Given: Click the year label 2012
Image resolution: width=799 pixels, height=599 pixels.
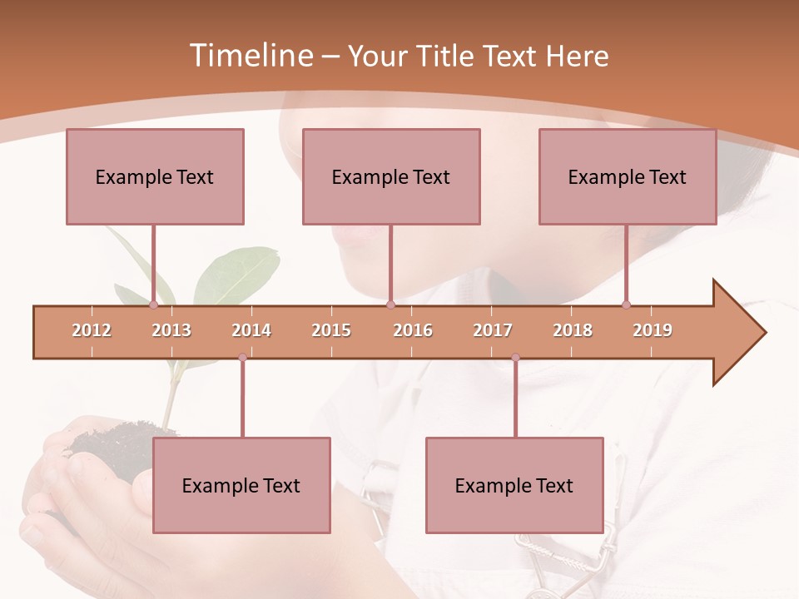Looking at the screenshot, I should pyautogui.click(x=92, y=330).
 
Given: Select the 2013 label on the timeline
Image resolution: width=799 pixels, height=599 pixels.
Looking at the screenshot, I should pyautogui.click(x=171, y=330).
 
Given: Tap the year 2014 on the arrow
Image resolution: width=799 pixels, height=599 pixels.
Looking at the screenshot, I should pyautogui.click(x=251, y=330).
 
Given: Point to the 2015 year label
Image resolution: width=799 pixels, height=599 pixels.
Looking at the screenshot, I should pyautogui.click(x=331, y=330).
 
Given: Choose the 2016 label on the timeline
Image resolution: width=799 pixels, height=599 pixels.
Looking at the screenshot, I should pyautogui.click(x=413, y=330).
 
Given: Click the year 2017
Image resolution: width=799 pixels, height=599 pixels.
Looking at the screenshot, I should pyautogui.click(x=493, y=330).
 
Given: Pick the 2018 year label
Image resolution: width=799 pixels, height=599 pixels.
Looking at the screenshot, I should pyautogui.click(x=573, y=330).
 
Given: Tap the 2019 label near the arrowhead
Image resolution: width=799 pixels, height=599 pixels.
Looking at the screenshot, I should pyautogui.click(x=653, y=330).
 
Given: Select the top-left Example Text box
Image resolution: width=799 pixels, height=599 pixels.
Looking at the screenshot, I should pyautogui.click(x=155, y=176).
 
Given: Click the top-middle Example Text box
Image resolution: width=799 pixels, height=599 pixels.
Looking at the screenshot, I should pyautogui.click(x=391, y=176).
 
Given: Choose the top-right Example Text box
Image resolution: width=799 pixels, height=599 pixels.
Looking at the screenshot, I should pyautogui.click(x=628, y=176).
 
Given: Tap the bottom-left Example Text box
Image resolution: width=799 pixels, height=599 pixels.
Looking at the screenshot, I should pyautogui.click(x=241, y=485).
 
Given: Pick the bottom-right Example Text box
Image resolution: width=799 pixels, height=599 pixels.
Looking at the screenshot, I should pyautogui.click(x=514, y=485).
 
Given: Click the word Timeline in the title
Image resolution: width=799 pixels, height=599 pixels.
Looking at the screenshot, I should pyautogui.click(x=250, y=56).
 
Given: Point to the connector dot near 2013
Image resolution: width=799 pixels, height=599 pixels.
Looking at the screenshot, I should pyautogui.click(x=153, y=305).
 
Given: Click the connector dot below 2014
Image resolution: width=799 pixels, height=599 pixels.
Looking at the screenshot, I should pyautogui.click(x=242, y=358).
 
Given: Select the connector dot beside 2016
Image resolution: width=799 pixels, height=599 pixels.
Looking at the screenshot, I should pyautogui.click(x=390, y=305).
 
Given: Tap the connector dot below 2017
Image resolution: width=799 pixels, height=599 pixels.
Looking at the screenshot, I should pyautogui.click(x=515, y=358).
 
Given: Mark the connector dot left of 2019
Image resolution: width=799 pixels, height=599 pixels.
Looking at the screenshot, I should pyautogui.click(x=626, y=305).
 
